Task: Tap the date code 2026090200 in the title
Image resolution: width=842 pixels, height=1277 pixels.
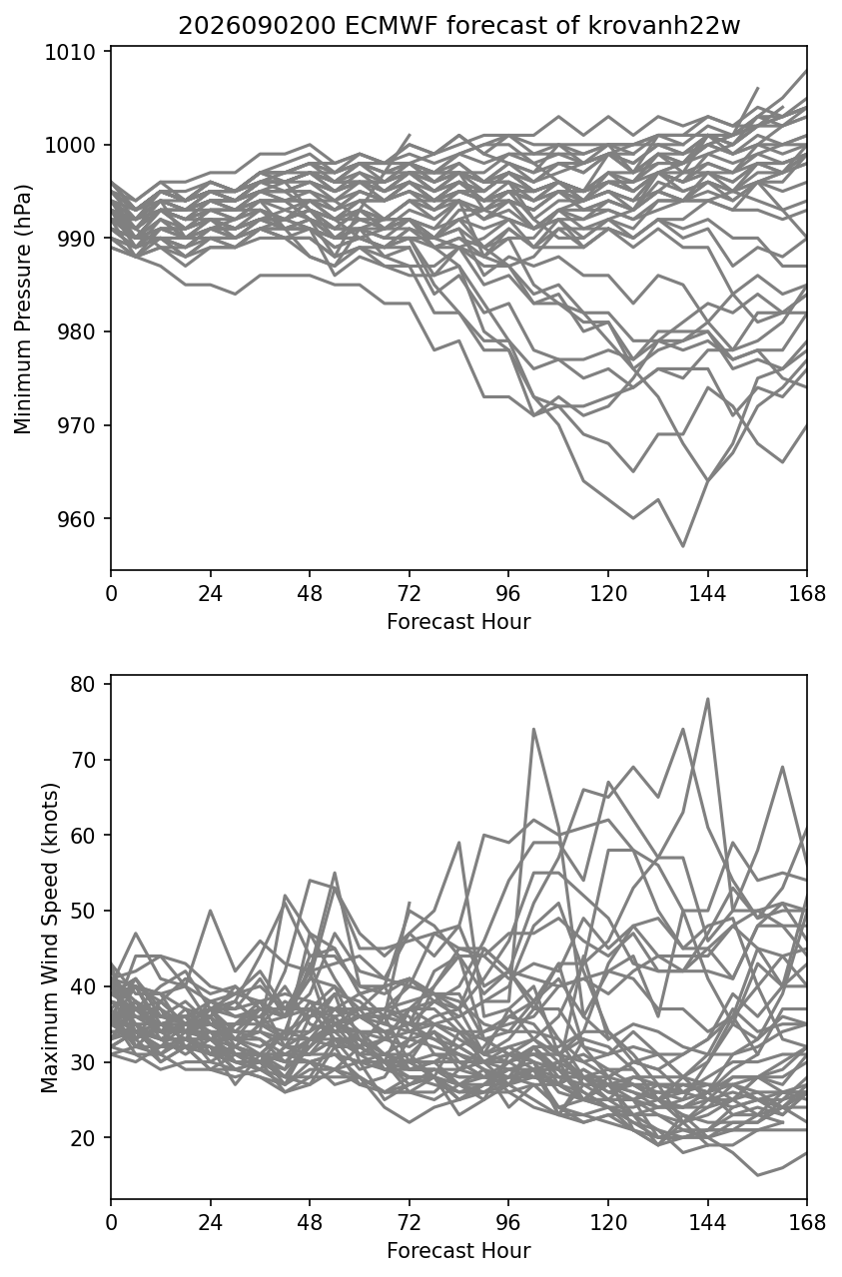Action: pyautogui.click(x=258, y=26)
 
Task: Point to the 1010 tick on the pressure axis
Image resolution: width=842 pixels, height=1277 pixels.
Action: pyautogui.click(x=70, y=53)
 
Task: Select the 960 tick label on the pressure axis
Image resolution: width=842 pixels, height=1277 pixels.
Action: pyautogui.click(x=77, y=519)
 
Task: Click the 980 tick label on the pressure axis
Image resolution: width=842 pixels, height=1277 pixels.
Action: pyautogui.click(x=77, y=332)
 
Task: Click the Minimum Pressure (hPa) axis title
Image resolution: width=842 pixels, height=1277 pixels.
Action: pyautogui.click(x=23, y=309)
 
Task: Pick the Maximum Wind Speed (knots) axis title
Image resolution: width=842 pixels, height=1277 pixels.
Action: pyautogui.click(x=50, y=938)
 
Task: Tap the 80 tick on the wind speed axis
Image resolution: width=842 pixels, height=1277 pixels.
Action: pyautogui.click(x=83, y=684)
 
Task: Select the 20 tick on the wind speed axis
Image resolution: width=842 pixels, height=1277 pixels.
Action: pyautogui.click(x=83, y=1138)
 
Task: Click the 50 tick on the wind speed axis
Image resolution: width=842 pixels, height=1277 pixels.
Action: pyautogui.click(x=83, y=911)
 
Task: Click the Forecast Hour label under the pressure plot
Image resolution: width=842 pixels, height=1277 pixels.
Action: pyautogui.click(x=458, y=621)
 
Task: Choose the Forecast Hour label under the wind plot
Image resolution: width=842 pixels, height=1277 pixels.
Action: pyautogui.click(x=458, y=1250)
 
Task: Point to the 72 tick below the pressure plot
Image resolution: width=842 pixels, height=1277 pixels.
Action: pyautogui.click(x=410, y=594)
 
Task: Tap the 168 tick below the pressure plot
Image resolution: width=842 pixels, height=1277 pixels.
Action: pyautogui.click(x=807, y=594)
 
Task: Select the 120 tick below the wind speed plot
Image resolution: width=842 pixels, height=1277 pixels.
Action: pyautogui.click(x=608, y=1223)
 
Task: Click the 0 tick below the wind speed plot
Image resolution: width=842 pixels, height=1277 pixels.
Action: pyautogui.click(x=111, y=1223)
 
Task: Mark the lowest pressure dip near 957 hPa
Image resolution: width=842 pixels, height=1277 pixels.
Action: pyautogui.click(x=683, y=546)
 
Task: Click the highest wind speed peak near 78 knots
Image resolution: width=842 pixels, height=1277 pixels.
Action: pyautogui.click(x=708, y=699)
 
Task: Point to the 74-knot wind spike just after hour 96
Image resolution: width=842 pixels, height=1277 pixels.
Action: pyautogui.click(x=533, y=729)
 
